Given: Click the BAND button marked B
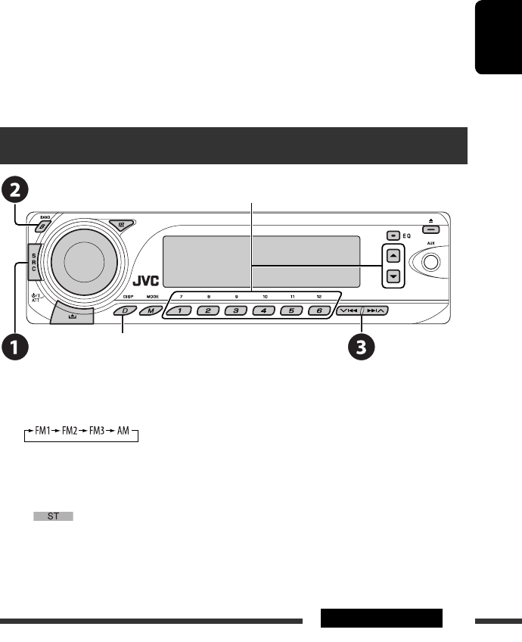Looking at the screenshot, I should click(x=45, y=226).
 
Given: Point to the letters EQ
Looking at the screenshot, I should click(x=407, y=235).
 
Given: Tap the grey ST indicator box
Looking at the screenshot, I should click(x=53, y=516).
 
